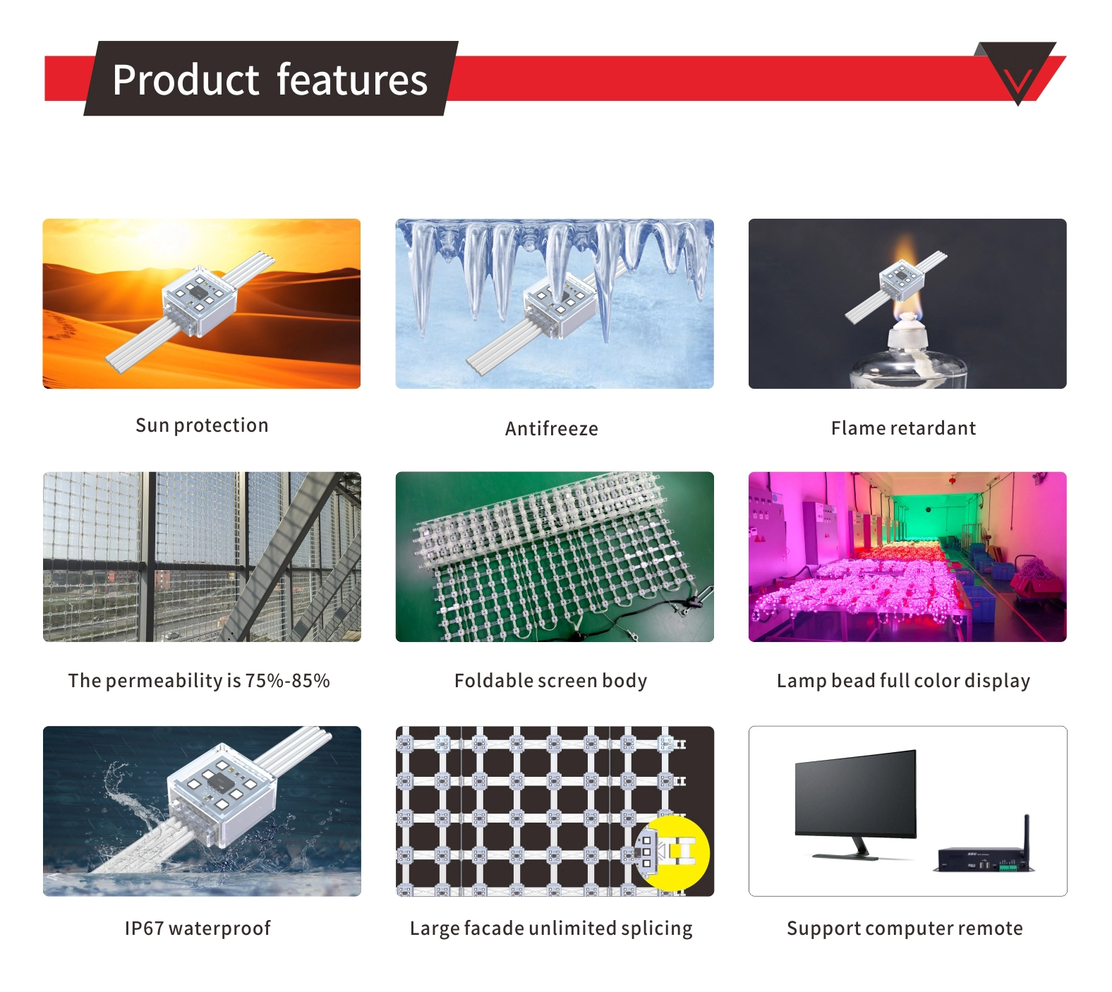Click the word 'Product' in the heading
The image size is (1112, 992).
tap(186, 80)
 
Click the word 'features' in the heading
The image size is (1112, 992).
tap(352, 80)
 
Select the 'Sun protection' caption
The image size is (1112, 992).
tap(202, 425)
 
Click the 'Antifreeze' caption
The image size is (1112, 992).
tap(551, 428)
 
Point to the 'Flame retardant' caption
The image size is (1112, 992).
tap(903, 428)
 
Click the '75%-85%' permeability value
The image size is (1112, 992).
tap(287, 681)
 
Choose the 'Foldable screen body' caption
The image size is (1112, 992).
tap(550, 681)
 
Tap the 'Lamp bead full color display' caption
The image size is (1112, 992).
tap(903, 681)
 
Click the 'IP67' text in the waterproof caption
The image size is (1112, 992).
tap(144, 929)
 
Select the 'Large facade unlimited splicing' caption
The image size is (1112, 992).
tap(551, 929)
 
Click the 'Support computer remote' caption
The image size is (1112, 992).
tap(905, 929)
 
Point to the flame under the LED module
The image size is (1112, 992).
tap(906, 307)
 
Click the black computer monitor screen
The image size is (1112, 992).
tap(855, 794)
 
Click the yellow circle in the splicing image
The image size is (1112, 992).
tap(674, 852)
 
